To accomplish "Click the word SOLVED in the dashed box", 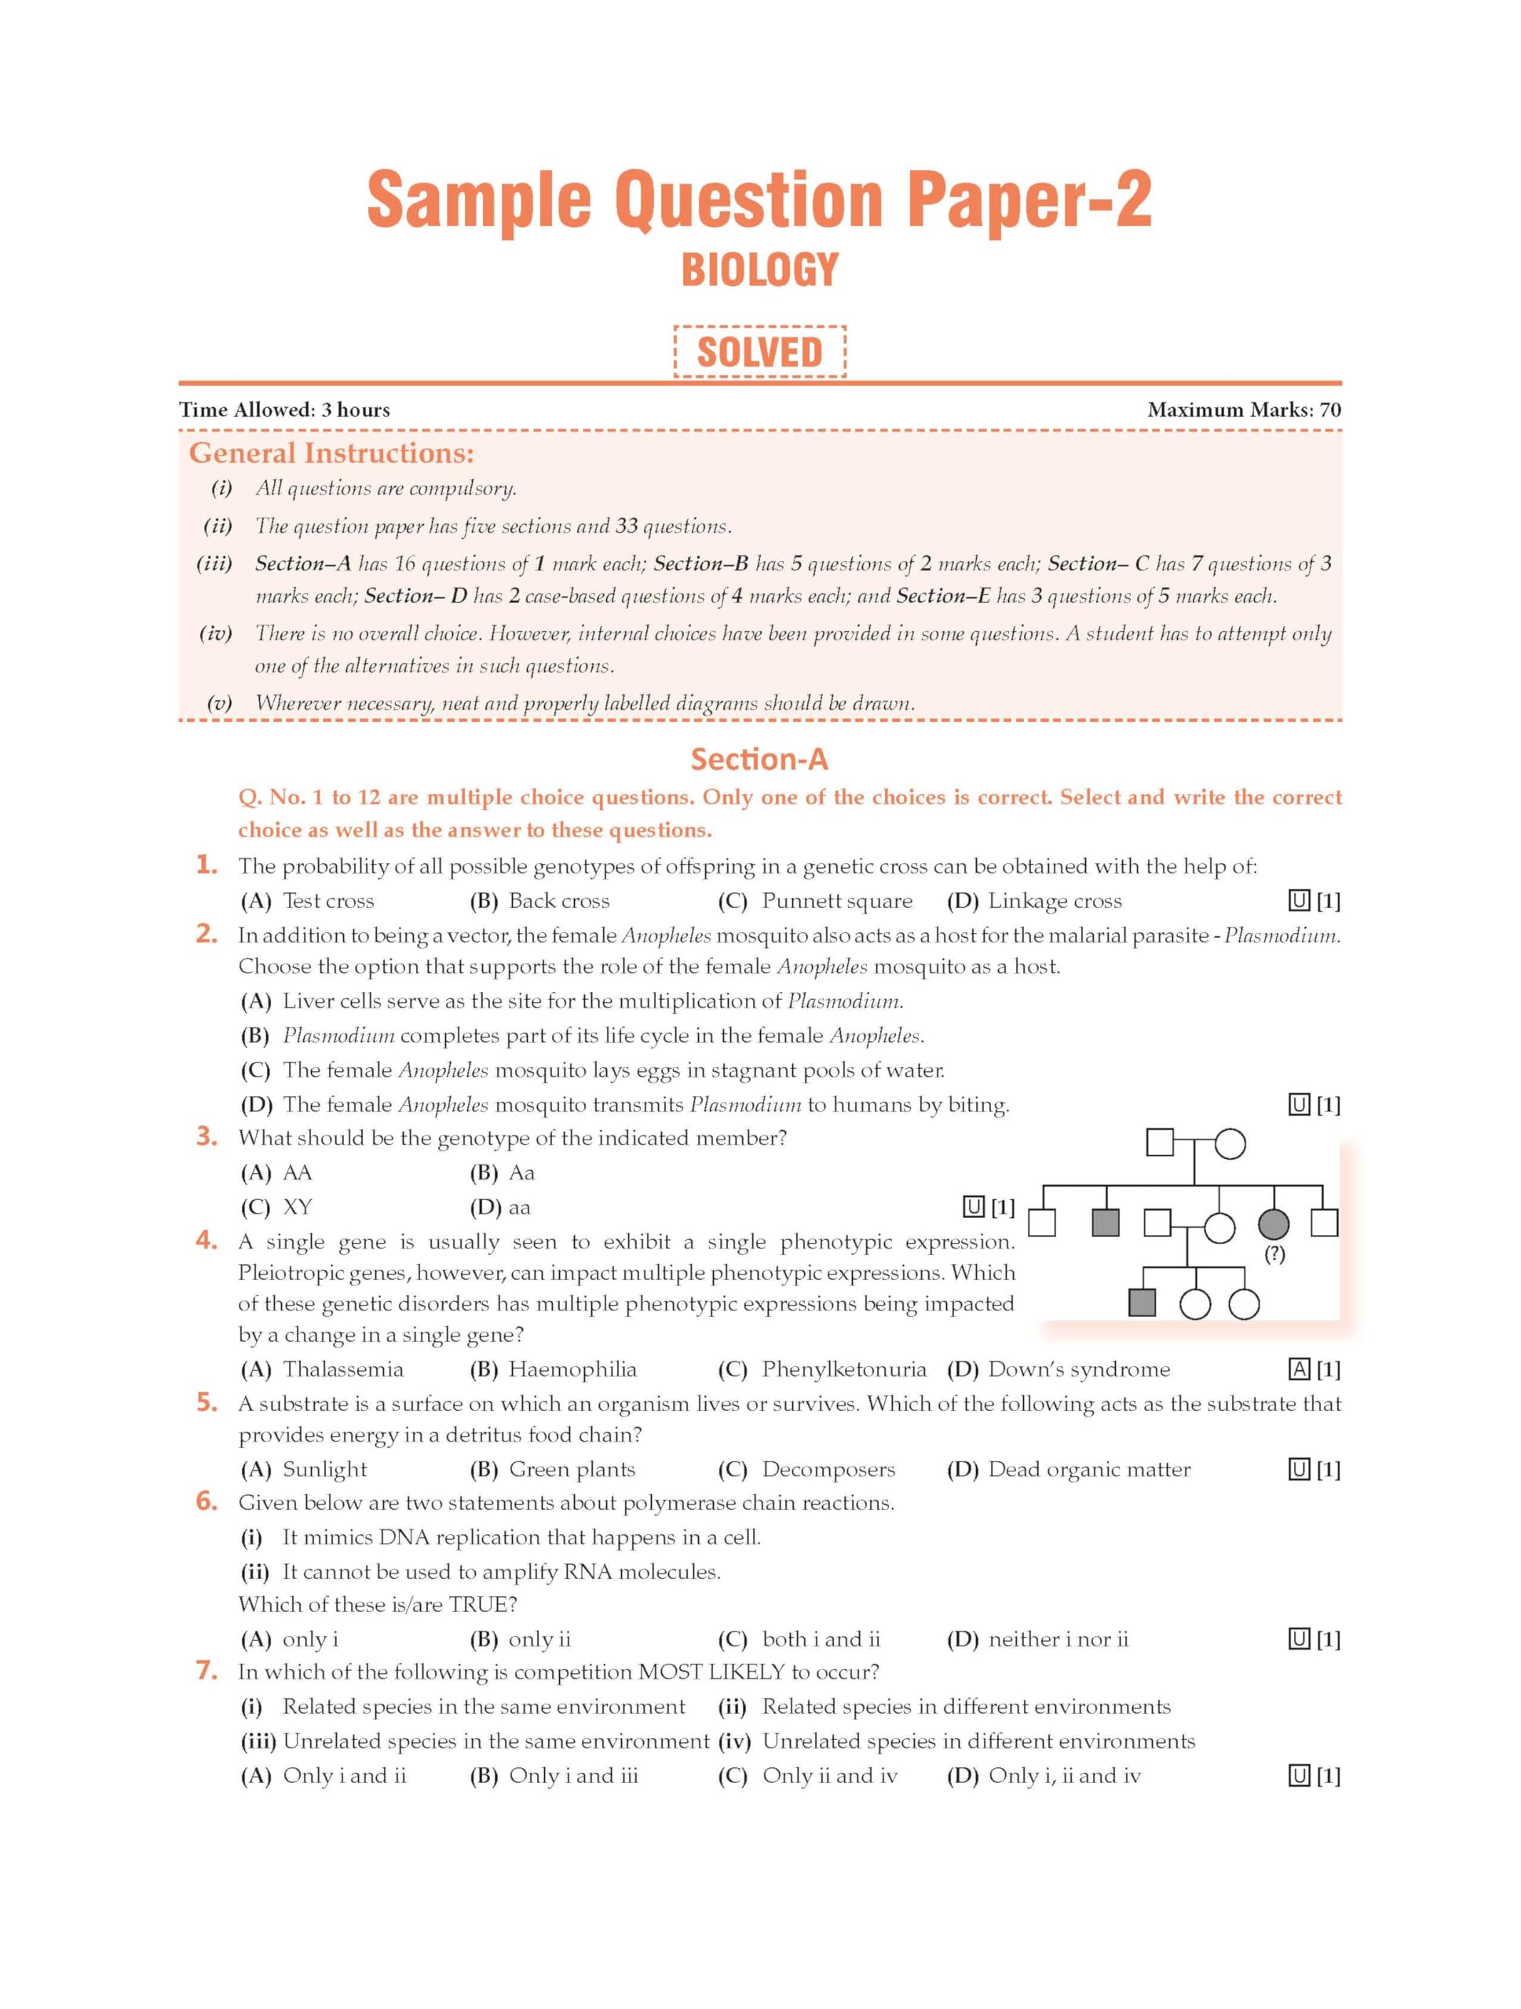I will coord(759,352).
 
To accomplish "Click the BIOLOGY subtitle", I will coord(759,270).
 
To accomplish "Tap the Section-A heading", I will coord(759,760).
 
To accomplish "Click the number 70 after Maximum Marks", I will coord(1329,410).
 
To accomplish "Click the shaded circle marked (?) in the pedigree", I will coord(1273,1224).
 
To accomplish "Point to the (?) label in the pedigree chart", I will coord(1274,1253).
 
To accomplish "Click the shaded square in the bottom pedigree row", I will coord(1141,1303).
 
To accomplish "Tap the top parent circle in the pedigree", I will coord(1230,1143).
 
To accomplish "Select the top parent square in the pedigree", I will coord(1161,1143).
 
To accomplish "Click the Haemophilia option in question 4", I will coord(572,1369).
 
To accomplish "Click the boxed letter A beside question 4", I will coord(1299,1369).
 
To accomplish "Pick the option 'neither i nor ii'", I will coord(1058,1639).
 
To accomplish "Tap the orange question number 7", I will coord(207,1670).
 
